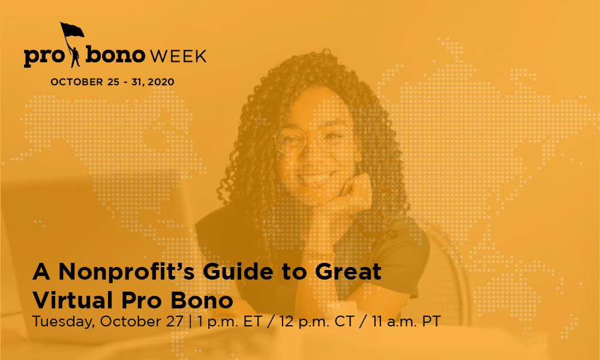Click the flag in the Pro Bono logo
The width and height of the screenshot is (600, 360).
point(72,30)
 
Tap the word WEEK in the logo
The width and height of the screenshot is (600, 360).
point(178,56)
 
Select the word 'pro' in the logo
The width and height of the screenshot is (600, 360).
point(43,57)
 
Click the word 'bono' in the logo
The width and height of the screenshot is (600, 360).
point(115,55)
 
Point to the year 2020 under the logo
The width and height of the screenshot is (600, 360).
point(161,82)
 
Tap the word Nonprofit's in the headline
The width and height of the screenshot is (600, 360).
point(127,272)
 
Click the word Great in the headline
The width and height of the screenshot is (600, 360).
point(348,272)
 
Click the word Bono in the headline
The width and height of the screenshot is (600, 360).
point(202,301)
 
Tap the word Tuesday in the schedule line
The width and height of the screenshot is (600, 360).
point(63,322)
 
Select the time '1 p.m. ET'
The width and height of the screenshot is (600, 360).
point(230,322)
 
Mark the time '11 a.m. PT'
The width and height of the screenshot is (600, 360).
point(406,322)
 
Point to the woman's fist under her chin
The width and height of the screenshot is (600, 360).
point(354,191)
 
